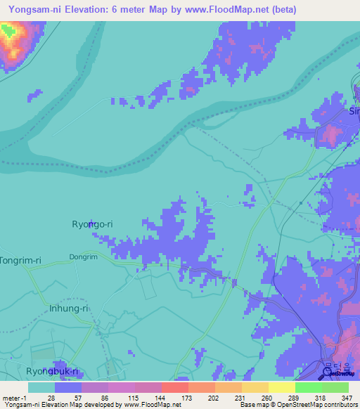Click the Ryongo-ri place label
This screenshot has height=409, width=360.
click(92, 224)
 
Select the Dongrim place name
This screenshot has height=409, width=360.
click(84, 257)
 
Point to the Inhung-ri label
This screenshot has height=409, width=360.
click(68, 309)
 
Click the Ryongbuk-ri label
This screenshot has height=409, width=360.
click(51, 371)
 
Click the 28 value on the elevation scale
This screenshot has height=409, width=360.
click(51, 398)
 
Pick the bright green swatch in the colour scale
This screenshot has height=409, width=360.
click(309, 387)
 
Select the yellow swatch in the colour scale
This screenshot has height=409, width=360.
click(281, 387)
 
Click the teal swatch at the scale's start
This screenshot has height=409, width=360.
click(41, 387)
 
